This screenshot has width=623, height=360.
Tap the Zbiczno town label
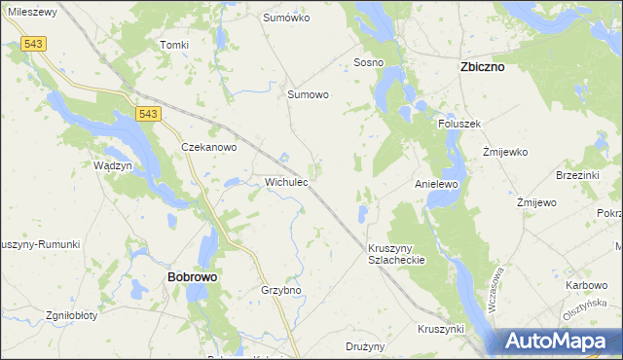(481, 69)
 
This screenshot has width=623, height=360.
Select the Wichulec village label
(287, 181)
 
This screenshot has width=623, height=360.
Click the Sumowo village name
(308, 94)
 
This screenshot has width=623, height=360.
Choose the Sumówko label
(286, 18)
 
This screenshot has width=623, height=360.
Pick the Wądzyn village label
(113, 165)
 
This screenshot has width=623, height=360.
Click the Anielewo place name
(436, 183)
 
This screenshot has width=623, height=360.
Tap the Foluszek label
(460, 123)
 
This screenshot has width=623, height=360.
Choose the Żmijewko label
(505, 153)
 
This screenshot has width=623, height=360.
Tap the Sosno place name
(368, 62)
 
